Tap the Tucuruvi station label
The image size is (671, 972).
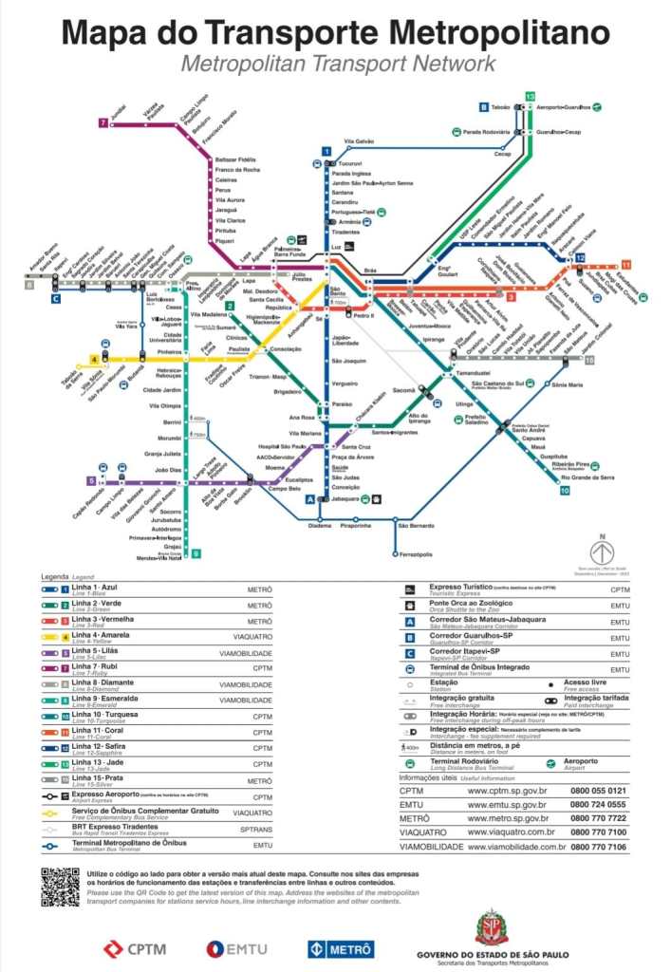tap(352, 163)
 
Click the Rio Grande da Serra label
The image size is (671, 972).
tap(587, 477)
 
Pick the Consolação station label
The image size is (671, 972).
tap(286, 348)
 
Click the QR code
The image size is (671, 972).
tap(60, 887)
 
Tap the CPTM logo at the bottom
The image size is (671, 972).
tap(137, 947)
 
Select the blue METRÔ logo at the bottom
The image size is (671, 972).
tap(341, 947)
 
